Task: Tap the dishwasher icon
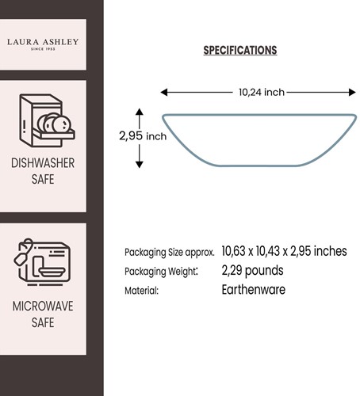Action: click(47, 120)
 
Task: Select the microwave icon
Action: click(42, 262)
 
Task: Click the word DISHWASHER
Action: click(43, 163)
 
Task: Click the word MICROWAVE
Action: click(43, 307)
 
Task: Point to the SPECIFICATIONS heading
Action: click(240, 50)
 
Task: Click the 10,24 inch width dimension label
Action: click(262, 92)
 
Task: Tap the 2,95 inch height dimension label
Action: click(143, 136)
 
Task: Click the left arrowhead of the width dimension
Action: click(164, 93)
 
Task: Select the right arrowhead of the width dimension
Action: click(352, 93)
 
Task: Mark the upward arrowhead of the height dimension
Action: click(140, 112)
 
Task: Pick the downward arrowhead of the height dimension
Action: click(140, 165)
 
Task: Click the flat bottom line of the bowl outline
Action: click(258, 166)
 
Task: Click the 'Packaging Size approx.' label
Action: click(170, 253)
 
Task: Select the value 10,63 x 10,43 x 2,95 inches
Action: click(284, 251)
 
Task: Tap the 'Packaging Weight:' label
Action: click(161, 272)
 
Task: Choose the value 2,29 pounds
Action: click(252, 271)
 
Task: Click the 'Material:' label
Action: click(141, 291)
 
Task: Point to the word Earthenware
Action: click(254, 290)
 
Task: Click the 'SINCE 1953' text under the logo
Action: click(43, 49)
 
